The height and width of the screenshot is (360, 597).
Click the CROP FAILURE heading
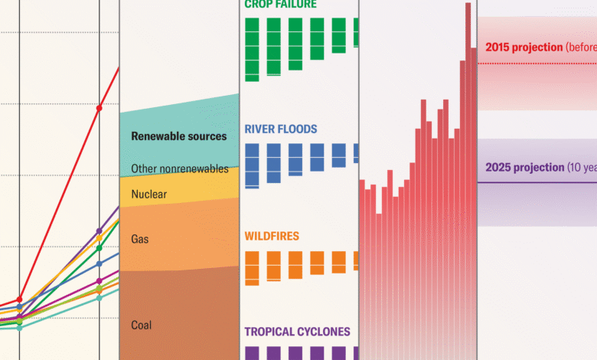coord(280,4)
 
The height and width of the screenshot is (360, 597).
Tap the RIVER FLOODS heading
coord(280,129)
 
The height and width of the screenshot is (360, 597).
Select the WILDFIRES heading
coord(272,237)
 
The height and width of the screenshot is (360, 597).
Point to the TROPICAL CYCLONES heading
coord(297,332)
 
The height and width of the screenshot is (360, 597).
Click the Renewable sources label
coord(179,136)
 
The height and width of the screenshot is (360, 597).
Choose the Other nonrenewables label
coord(180,169)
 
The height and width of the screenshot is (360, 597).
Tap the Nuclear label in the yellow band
coord(148,195)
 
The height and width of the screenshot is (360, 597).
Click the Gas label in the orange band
coord(139,239)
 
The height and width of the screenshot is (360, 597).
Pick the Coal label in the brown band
coord(141,325)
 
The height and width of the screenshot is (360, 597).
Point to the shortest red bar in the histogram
coord(378,283)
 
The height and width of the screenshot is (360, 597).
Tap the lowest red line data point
coord(19,299)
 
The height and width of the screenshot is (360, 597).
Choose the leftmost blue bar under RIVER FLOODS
coord(252,165)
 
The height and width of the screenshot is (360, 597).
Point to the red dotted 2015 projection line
coord(536,64)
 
